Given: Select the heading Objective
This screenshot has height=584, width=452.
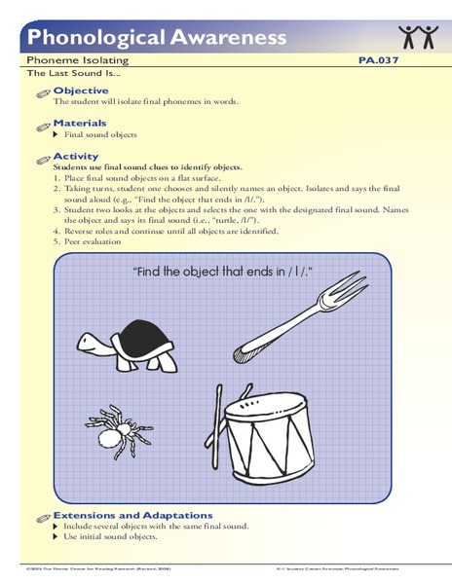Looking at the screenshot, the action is pyautogui.click(x=81, y=90).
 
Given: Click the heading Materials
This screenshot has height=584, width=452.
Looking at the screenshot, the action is pyautogui.click(x=80, y=124).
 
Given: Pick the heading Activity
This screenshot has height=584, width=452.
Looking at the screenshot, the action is pyautogui.click(x=76, y=156).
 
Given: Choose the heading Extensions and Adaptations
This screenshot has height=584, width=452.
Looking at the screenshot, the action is pyautogui.click(x=133, y=515).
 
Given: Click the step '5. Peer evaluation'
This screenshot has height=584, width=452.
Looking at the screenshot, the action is pyautogui.click(x=96, y=242).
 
